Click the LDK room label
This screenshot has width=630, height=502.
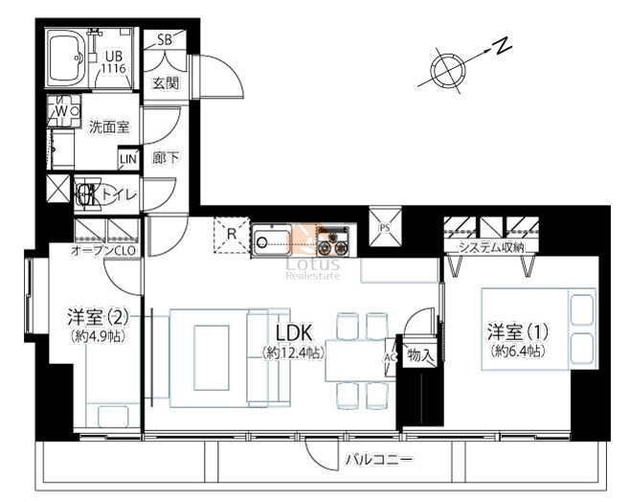[293, 332]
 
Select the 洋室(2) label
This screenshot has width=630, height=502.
[98, 317]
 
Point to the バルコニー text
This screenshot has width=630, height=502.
[379, 459]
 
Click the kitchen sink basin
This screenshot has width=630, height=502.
[273, 240]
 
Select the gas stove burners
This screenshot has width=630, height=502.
[333, 241]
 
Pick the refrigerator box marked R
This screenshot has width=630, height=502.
[232, 235]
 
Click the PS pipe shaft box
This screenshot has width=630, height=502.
[385, 226]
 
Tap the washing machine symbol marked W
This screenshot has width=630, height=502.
[64, 110]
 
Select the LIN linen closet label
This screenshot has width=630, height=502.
[128, 159]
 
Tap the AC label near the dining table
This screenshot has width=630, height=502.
[391, 357]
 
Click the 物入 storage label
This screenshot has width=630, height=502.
[419, 354]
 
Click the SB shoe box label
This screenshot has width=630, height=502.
[165, 39]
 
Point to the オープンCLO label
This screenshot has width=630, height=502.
[103, 250]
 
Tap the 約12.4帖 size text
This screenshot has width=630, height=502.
[293, 354]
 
